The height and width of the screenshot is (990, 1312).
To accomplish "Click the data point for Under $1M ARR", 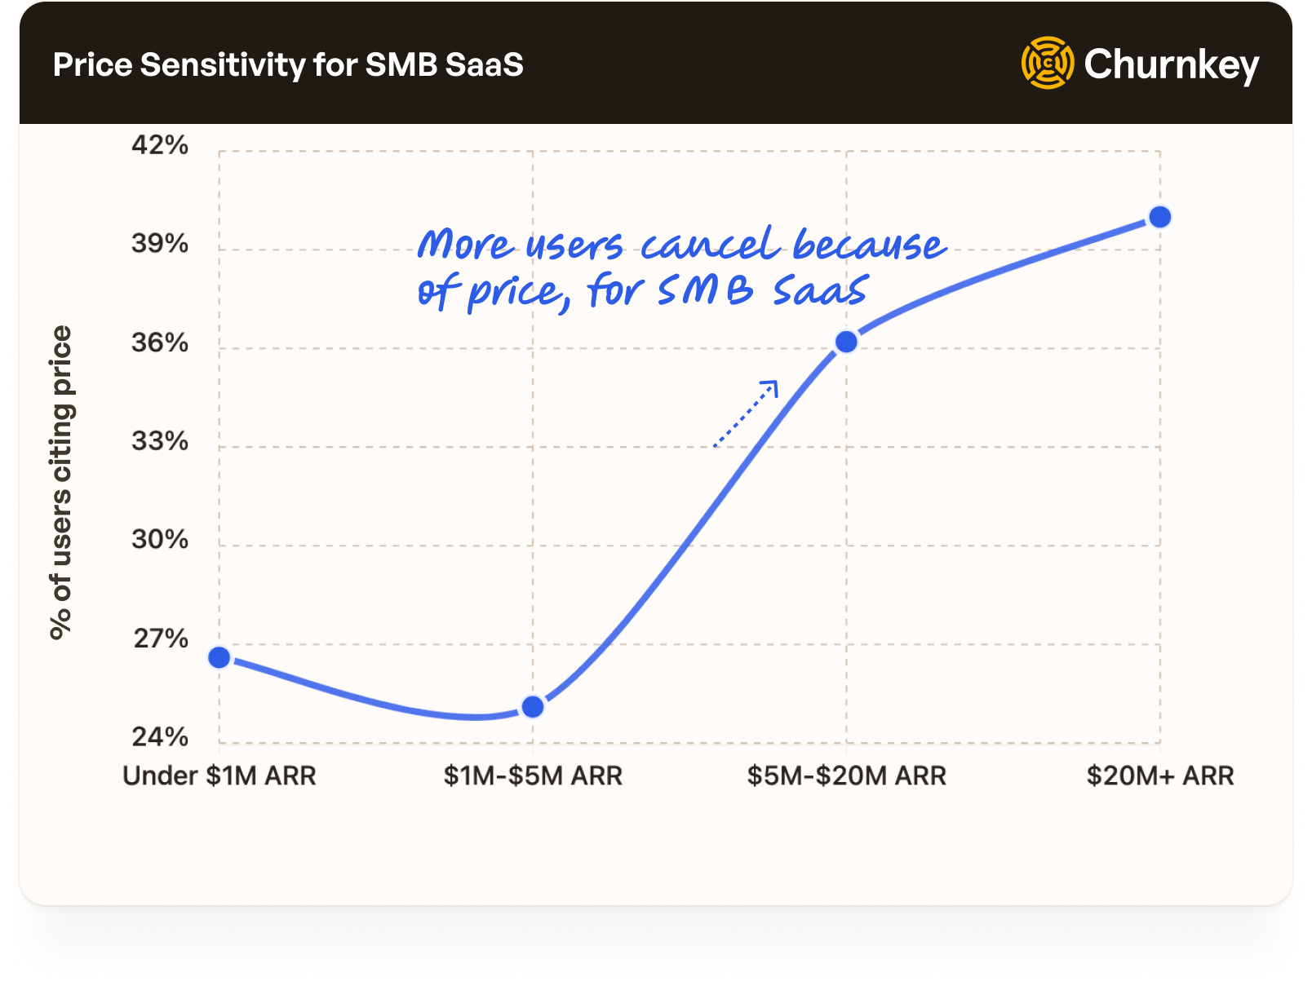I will [x=219, y=657].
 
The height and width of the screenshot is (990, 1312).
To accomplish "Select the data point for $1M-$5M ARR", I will [x=533, y=706].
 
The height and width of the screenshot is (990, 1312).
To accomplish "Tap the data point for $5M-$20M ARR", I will [x=847, y=342].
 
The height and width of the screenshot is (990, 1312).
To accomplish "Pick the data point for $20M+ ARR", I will [x=1159, y=217].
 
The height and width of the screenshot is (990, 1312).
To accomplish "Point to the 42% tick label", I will [x=160, y=145].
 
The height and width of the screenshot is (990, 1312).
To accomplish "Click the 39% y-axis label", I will [x=160, y=244].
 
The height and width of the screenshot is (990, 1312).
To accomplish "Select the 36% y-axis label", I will [x=160, y=343].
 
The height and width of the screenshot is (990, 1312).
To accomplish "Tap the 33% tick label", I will [x=160, y=441].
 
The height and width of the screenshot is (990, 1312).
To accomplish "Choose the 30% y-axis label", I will [x=160, y=540].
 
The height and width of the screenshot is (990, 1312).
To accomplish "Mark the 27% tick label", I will [x=161, y=639].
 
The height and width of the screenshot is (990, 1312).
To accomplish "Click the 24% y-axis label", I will [x=160, y=737].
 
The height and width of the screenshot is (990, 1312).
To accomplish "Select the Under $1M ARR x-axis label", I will [x=219, y=776].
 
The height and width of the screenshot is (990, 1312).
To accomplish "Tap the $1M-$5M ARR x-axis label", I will [x=533, y=776].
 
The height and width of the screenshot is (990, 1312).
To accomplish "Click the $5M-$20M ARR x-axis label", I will [x=847, y=776].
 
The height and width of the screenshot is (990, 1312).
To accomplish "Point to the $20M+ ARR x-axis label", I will [x=1159, y=776].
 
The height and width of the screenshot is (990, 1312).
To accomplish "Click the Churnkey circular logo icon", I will [x=1048, y=63].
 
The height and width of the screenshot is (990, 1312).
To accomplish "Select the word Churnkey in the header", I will [x=1172, y=64].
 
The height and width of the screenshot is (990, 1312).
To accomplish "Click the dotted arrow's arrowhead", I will [x=771, y=387].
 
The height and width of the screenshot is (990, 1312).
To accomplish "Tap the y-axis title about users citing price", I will [x=61, y=483].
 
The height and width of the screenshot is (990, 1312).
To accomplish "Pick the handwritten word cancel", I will [x=708, y=245].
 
